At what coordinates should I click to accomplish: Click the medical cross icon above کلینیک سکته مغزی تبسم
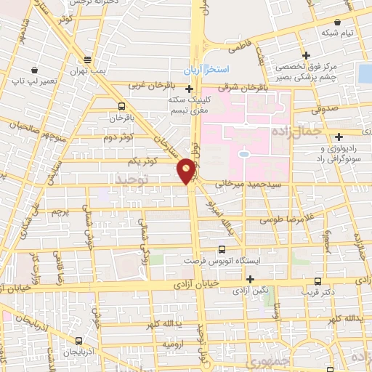click(x=190, y=89)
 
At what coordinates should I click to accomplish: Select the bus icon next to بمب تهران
click(x=88, y=60)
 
